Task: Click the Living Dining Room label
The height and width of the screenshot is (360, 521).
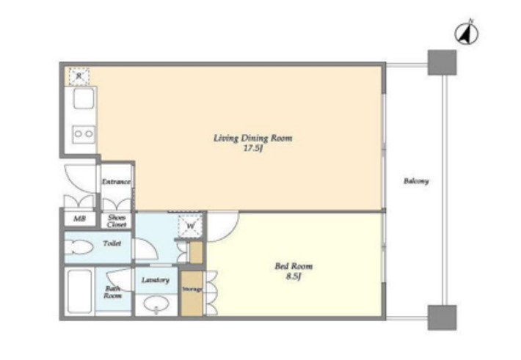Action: [253, 138]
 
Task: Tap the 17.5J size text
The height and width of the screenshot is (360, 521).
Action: [253, 148]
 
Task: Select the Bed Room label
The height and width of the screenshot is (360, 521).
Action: [294, 266]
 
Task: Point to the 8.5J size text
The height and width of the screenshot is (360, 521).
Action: [294, 276]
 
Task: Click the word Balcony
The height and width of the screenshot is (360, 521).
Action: [416, 181]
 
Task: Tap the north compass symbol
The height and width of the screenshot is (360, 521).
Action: [467, 33]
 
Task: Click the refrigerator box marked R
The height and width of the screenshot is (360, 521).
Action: [79, 76]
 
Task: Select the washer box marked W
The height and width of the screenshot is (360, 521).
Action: [190, 226]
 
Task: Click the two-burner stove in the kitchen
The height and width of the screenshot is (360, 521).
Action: [84, 134]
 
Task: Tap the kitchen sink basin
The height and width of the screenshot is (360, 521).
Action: [84, 99]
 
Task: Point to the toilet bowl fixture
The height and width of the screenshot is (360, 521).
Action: [79, 247]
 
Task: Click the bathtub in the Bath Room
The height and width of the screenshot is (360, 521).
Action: [80, 291]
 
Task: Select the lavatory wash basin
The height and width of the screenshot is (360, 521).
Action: [156, 304]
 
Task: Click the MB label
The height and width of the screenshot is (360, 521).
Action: [79, 218]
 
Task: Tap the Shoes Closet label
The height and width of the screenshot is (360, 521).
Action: [117, 221]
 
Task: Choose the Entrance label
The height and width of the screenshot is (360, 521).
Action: [116, 182]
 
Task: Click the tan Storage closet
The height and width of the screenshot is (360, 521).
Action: [192, 293]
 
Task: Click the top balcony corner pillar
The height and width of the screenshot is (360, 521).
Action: [442, 62]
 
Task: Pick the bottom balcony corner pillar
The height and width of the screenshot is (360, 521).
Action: [442, 317]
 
